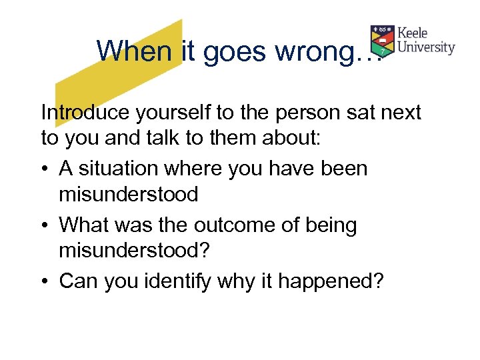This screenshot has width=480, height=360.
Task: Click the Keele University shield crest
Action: [x=383, y=41]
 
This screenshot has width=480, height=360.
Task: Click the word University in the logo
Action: [x=426, y=48]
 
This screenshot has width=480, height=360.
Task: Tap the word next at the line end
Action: [x=400, y=113]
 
